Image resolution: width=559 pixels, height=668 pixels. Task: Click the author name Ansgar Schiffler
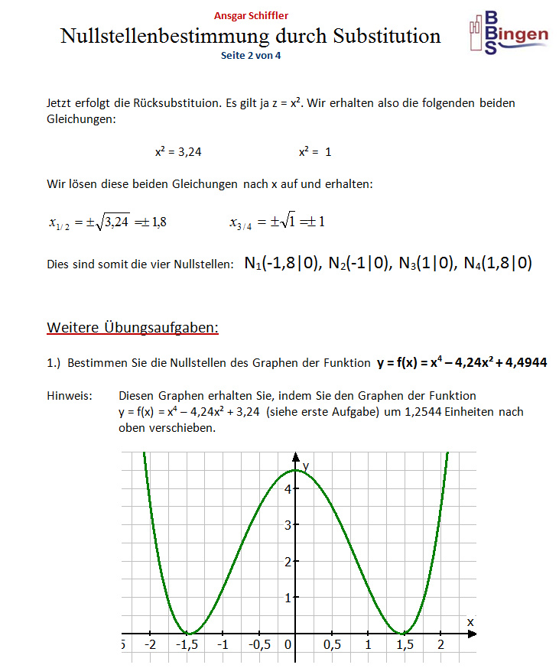click(251, 15)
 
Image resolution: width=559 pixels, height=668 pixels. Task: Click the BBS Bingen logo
click(508, 34)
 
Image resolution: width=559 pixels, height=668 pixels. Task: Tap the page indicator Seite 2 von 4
click(250, 55)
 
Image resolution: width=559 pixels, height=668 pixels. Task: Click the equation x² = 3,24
click(178, 152)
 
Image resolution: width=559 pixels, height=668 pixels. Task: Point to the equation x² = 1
click(315, 152)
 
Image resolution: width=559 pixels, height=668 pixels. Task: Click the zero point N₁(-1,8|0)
click(283, 264)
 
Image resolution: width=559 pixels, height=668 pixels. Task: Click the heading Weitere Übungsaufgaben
click(133, 328)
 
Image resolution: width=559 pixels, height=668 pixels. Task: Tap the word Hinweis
click(70, 396)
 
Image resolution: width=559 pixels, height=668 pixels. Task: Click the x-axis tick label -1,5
click(188, 646)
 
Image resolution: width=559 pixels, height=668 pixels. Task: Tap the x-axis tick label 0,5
click(332, 646)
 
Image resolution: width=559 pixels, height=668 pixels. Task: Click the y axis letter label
click(305, 465)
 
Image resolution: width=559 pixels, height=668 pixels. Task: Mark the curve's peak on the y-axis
click(296, 470)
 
